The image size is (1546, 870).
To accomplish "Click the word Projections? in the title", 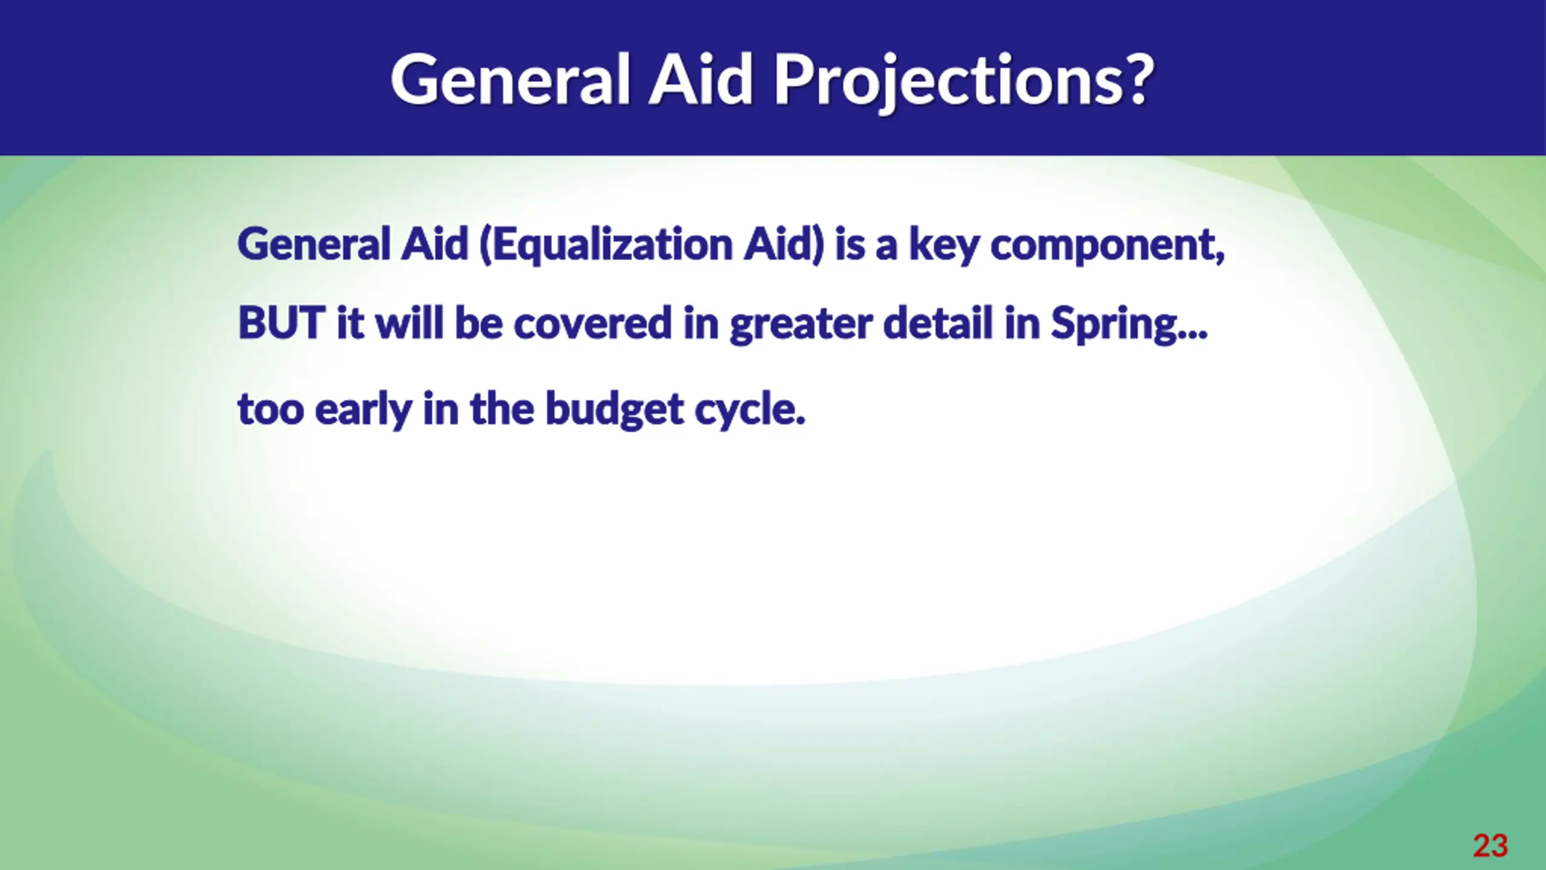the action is tap(964, 82).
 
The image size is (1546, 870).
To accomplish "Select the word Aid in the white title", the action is tap(702, 79).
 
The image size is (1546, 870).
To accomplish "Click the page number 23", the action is tap(1490, 845).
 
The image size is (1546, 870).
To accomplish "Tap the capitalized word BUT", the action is tap(282, 323).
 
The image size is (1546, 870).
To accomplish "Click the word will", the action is tap(409, 322).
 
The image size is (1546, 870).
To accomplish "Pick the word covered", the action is tap(592, 323).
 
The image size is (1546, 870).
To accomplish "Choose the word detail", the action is tap(938, 322).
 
